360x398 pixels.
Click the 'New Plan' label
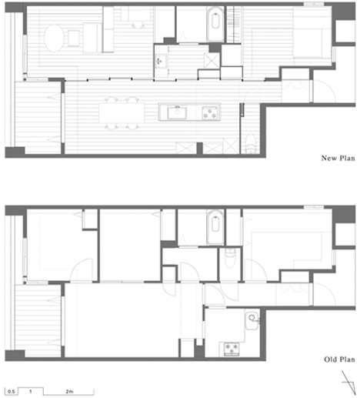tap(338, 158)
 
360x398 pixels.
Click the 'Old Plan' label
tap(339, 360)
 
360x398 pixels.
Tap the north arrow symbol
tap(349, 383)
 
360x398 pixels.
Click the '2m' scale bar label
tap(69, 391)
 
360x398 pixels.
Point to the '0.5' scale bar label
tap(12, 392)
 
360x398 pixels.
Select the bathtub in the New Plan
tap(215, 25)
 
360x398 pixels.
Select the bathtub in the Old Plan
tap(215, 227)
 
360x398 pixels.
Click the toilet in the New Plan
tap(250, 144)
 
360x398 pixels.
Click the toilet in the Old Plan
tap(230, 258)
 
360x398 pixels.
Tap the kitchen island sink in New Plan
tap(177, 112)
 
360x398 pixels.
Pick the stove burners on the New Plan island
tap(210, 113)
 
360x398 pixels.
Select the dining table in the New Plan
tap(122, 112)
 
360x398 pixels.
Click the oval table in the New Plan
tap(54, 38)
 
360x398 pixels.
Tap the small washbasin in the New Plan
tap(160, 61)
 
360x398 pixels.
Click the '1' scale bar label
tap(31, 392)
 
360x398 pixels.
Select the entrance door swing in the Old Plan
tap(324, 293)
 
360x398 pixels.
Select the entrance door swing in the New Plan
tap(324, 91)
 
